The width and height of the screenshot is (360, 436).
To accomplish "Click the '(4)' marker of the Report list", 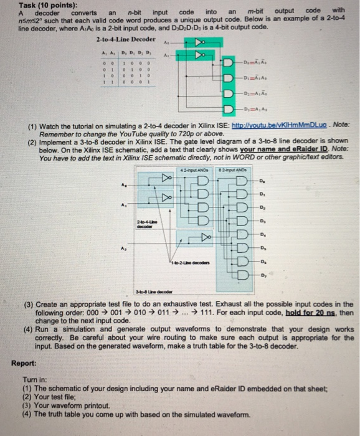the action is coord(26,412).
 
